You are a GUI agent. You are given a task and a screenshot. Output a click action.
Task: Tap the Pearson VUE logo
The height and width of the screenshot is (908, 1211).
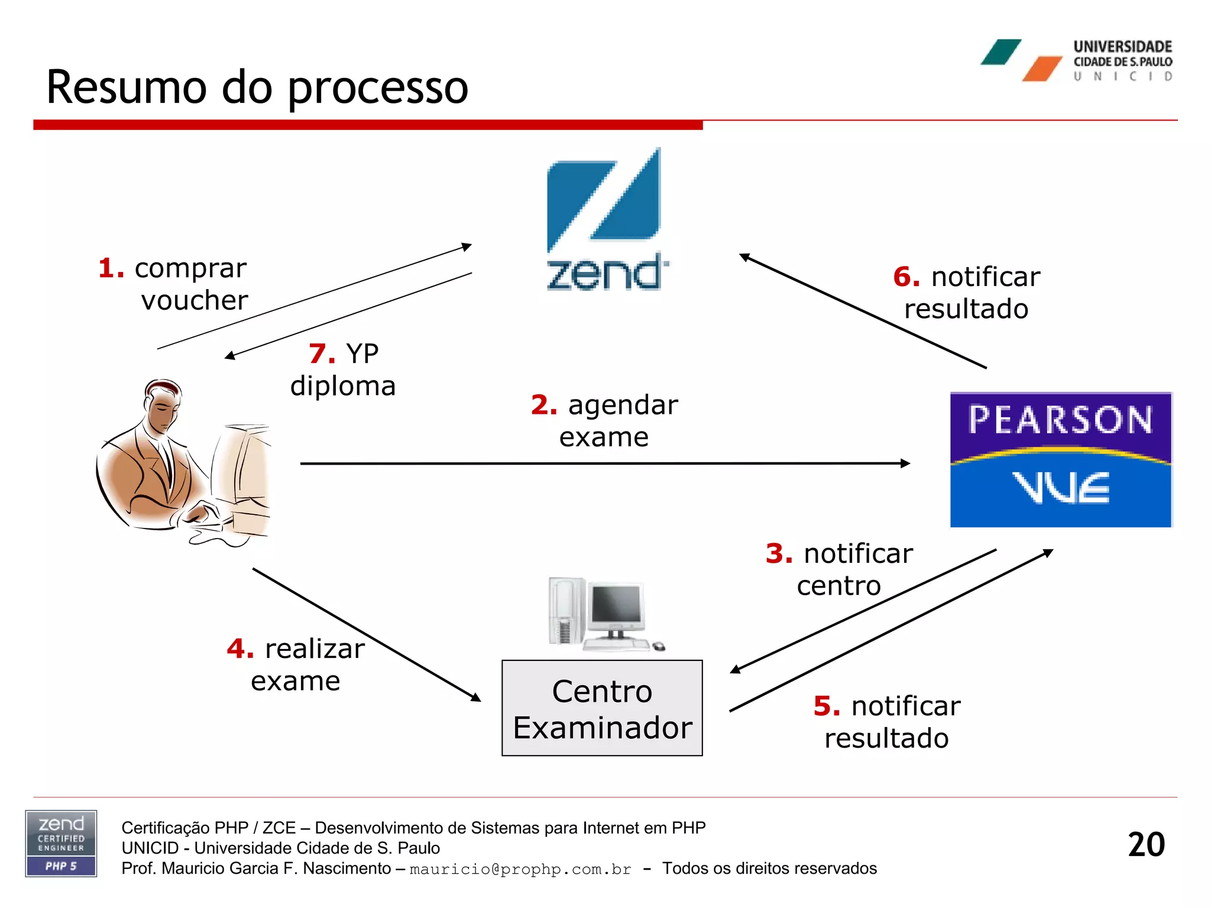point(1060,459)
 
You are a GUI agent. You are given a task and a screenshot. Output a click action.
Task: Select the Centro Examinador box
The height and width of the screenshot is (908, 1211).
point(602,708)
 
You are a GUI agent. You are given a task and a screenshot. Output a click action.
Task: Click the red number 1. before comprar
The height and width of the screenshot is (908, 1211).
point(111,268)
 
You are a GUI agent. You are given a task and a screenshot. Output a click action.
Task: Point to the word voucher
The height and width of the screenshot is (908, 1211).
point(195,300)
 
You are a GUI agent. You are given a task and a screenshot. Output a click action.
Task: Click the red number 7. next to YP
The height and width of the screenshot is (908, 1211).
point(322,354)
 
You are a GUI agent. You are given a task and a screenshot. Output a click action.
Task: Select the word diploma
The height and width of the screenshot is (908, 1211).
point(342,386)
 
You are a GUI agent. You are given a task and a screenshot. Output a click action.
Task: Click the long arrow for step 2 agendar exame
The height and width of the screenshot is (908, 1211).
point(603,463)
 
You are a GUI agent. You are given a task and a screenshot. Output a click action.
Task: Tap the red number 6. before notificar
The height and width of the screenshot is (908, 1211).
point(906,277)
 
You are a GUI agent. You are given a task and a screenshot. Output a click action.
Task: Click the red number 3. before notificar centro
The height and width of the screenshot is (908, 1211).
point(779,554)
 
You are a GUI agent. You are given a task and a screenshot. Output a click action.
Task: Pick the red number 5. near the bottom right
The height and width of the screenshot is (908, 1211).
point(826,706)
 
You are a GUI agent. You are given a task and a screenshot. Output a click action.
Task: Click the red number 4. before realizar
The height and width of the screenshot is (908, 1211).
point(240,649)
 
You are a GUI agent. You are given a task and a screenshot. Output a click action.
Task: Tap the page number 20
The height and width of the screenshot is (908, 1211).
point(1146,844)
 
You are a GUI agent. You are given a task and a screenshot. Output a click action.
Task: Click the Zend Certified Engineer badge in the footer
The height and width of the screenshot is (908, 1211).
point(61,844)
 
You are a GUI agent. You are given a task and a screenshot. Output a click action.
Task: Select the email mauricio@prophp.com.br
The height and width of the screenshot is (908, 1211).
point(520,869)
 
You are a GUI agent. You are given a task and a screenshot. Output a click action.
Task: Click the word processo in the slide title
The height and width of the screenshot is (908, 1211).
point(378,87)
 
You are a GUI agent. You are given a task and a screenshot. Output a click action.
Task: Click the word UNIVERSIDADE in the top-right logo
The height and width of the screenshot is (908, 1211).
point(1122,47)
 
